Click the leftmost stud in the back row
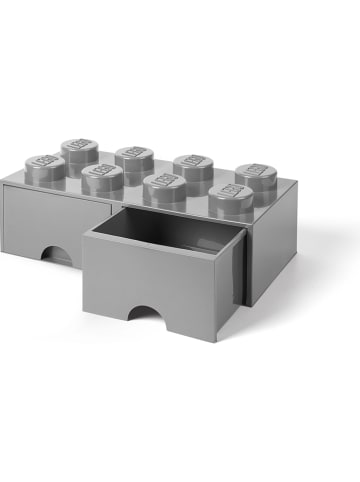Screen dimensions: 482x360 pyautogui.click(x=79, y=149)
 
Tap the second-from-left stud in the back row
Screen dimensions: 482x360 pyautogui.click(x=134, y=156)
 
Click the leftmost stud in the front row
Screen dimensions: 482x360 pyautogui.click(x=45, y=166)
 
